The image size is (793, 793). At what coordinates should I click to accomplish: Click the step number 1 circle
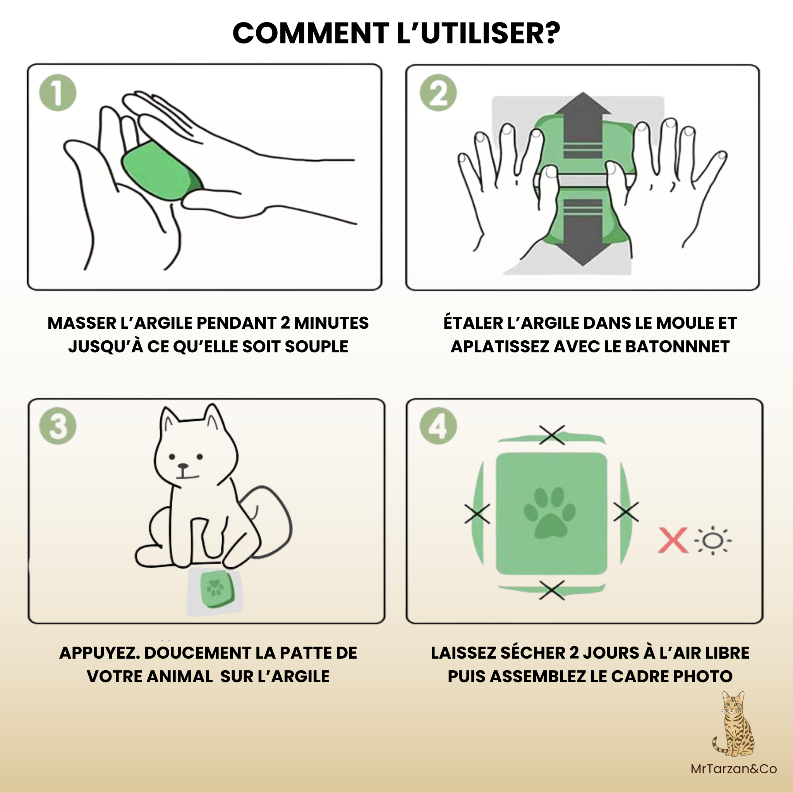[57, 93]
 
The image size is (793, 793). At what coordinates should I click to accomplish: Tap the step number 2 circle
[438, 93]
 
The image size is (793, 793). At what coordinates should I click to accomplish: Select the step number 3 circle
[57, 426]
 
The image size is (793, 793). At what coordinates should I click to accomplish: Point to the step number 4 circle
[438, 426]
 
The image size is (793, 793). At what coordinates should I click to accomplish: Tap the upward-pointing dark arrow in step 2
[582, 123]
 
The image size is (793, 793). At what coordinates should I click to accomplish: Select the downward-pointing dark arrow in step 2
[582, 234]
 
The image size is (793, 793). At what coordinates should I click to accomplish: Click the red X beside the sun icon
[673, 541]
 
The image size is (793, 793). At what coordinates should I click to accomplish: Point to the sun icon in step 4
[712, 541]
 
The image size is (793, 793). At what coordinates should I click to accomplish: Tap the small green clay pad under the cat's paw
[215, 589]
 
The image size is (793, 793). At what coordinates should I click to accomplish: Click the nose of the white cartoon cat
[183, 466]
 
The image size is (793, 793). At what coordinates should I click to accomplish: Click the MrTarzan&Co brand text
[733, 769]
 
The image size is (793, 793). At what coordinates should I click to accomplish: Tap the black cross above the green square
[552, 435]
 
